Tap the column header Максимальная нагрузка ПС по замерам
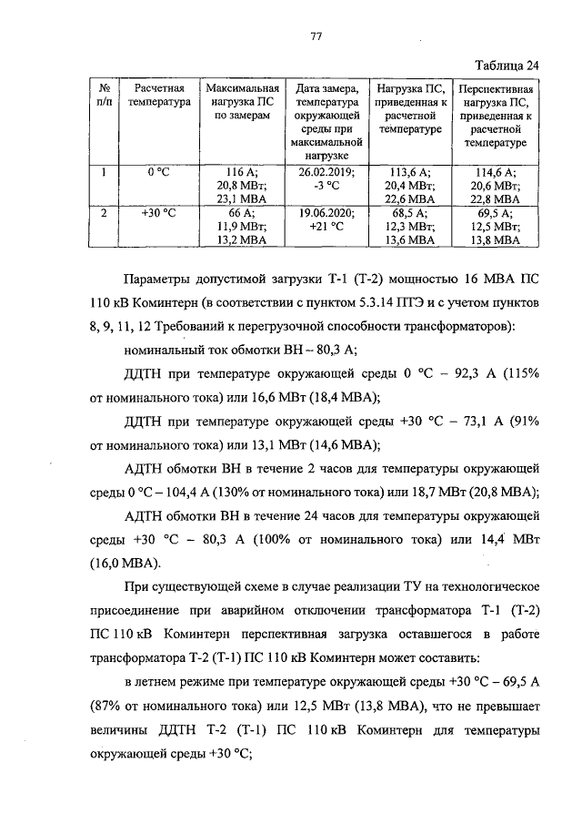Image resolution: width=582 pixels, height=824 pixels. [x=240, y=102]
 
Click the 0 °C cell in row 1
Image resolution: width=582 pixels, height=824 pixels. [x=159, y=171]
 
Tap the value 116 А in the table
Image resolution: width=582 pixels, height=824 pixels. [x=240, y=171]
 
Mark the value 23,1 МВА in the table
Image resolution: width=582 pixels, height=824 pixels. [x=240, y=198]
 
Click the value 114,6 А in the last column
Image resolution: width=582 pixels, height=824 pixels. [x=496, y=171]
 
